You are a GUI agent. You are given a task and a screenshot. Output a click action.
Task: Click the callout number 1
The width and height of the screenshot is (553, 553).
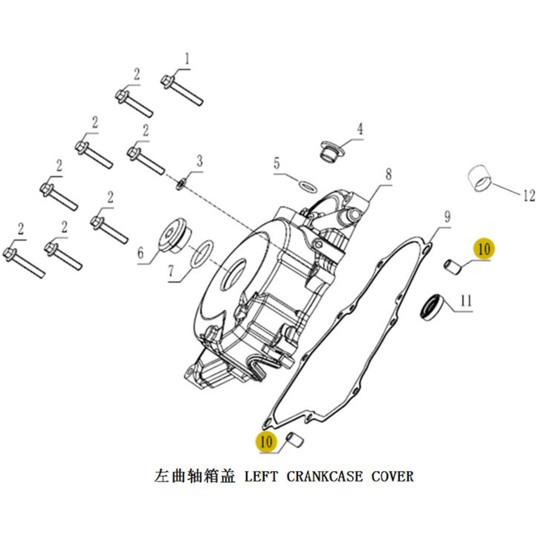187,59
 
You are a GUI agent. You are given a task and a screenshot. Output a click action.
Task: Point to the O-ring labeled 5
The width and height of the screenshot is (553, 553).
308,186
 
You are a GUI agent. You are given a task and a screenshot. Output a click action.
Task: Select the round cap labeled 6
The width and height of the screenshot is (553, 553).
175,235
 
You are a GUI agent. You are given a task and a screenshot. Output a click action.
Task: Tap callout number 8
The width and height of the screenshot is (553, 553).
388,174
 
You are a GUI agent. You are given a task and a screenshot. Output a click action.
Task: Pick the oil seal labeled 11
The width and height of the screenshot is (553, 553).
432,306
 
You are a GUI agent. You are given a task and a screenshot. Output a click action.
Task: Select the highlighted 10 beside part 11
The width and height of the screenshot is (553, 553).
484,249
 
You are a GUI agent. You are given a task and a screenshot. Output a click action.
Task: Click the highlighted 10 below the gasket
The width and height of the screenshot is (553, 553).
266,442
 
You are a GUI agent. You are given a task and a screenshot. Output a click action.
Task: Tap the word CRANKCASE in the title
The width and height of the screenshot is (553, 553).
324,476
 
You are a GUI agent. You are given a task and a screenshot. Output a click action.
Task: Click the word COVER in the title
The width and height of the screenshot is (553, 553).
392,476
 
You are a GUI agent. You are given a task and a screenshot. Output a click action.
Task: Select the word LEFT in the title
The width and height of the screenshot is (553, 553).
261,476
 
